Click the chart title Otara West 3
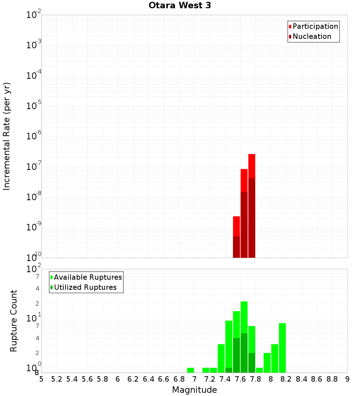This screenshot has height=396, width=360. (180, 6)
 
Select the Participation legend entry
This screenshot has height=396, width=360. (315, 26)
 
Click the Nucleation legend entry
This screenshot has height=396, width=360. (311, 36)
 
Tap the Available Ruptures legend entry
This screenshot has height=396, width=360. (87, 277)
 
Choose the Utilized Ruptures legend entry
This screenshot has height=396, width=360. (85, 287)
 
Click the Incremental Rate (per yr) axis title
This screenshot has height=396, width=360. (7, 136)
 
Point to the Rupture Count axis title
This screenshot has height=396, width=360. (14, 321)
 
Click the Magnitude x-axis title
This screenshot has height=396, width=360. (194, 390)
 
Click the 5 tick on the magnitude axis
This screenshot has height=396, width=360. (41, 379)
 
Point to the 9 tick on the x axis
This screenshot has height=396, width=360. (347, 379)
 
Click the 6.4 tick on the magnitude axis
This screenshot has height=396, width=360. (148, 379)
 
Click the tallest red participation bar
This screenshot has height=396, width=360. (252, 166)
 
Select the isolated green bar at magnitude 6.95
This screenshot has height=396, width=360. (190, 370)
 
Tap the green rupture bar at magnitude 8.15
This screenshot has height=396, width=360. (282, 347)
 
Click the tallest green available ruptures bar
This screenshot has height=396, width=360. (244, 317)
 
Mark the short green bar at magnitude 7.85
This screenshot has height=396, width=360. (259, 370)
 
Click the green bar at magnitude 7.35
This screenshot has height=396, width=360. (221, 358)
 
